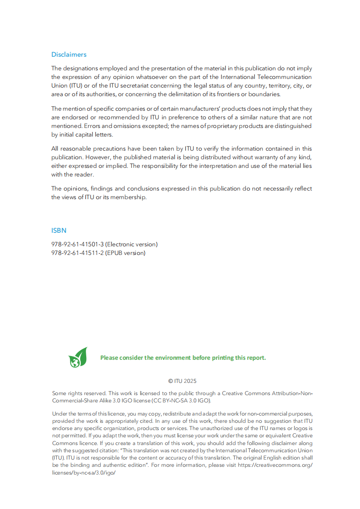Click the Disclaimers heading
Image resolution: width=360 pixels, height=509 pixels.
69,54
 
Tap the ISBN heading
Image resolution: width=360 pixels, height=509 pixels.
59,230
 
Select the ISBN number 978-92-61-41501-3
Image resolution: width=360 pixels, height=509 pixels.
78,244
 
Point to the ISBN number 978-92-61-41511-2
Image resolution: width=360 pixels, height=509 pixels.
78,253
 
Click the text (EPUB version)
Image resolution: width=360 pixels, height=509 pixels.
125,253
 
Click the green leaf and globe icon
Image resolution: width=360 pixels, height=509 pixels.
78,357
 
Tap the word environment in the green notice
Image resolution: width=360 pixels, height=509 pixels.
173,357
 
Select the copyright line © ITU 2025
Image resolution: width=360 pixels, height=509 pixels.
182,381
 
